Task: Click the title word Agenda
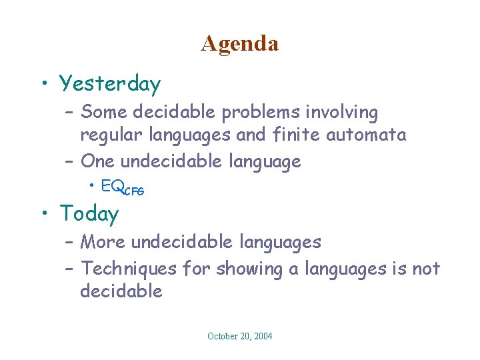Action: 239,43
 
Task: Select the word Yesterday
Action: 110,84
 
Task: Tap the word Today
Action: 89,213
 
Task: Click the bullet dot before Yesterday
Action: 43,83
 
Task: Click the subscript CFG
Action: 133,191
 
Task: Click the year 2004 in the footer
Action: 261,336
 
